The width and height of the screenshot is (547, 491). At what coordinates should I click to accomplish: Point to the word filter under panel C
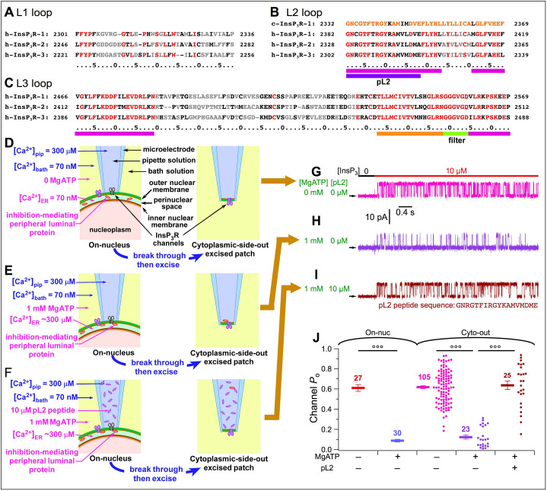click(x=456, y=140)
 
